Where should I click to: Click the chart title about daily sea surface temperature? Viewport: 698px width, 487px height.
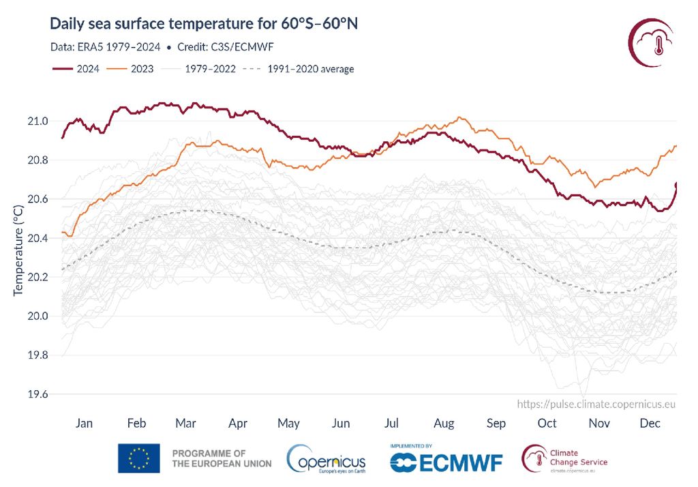pyautogui.click(x=204, y=25)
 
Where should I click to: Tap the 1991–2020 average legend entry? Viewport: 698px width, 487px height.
pyautogui.click(x=311, y=69)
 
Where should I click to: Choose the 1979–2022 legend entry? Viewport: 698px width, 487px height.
pyautogui.click(x=208, y=69)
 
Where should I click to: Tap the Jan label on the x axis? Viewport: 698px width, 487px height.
pyautogui.click(x=84, y=424)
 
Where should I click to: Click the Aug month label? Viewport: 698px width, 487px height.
pyautogui.click(x=444, y=424)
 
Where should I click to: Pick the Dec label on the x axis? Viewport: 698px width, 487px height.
pyautogui.click(x=650, y=424)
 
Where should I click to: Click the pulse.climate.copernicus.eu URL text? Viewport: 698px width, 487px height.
pyautogui.click(x=596, y=404)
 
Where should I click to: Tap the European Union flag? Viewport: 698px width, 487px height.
pyautogui.click(x=139, y=458)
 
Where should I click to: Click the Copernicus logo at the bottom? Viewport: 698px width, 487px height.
pyautogui.click(x=327, y=459)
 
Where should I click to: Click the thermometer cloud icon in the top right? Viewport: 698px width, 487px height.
pyautogui.click(x=653, y=42)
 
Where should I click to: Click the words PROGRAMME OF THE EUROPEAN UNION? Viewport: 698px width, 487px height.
pyautogui.click(x=221, y=458)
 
